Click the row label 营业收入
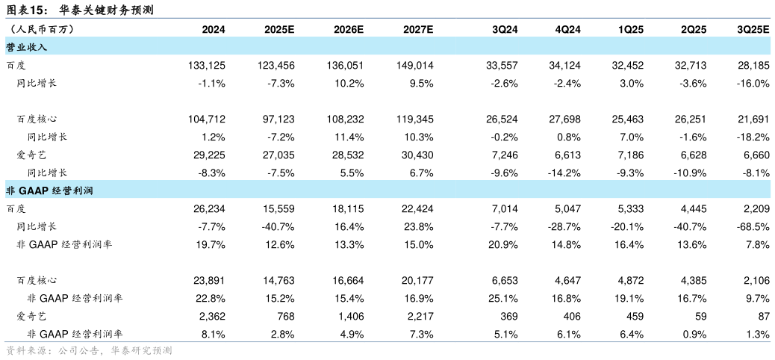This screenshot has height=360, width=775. click(x=27, y=47)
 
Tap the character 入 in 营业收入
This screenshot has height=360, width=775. click(x=43, y=47)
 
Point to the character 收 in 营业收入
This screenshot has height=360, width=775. click(x=32, y=47)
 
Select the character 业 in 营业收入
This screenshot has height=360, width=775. click(x=22, y=47)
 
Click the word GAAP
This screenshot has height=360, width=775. click(x=34, y=191)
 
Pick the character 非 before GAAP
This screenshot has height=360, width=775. click(x=10, y=191)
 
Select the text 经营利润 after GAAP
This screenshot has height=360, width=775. click(x=72, y=191)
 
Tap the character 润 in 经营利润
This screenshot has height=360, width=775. click(x=89, y=191)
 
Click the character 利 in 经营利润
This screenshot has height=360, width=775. click(x=78, y=191)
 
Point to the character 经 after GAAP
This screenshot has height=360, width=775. click(x=57, y=191)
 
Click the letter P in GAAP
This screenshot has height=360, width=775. click(x=45, y=191)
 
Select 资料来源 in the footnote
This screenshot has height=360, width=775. click(x=26, y=350)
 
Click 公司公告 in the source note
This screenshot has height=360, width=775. click(x=78, y=350)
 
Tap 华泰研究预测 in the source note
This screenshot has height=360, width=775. click(x=141, y=350)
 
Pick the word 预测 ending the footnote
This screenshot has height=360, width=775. click(x=162, y=350)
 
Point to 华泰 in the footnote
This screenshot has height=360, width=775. click(x=120, y=350)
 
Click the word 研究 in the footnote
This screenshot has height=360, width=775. click(x=141, y=350)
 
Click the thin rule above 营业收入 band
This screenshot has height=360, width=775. click(x=387, y=17)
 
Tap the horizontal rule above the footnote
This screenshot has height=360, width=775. click(x=387, y=342)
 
